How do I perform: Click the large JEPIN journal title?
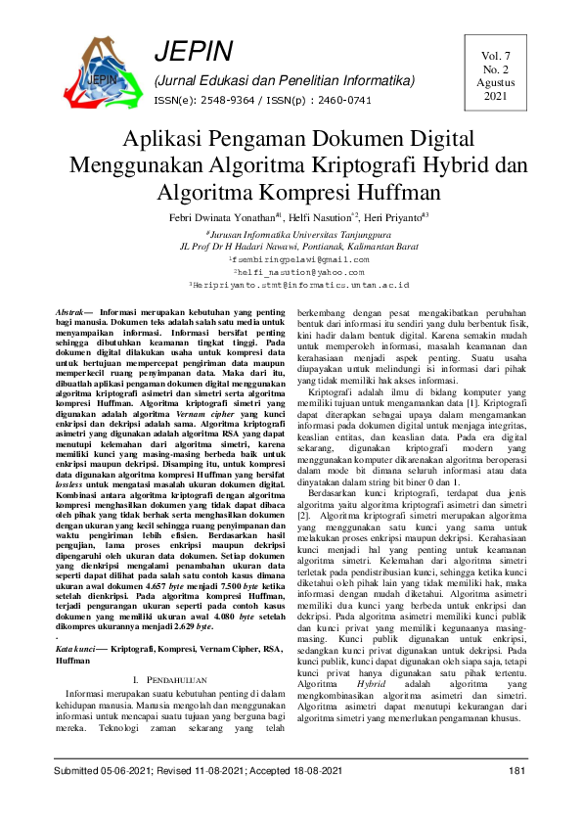pyautogui.click(x=194, y=52)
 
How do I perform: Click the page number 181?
pyautogui.click(x=517, y=772)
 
